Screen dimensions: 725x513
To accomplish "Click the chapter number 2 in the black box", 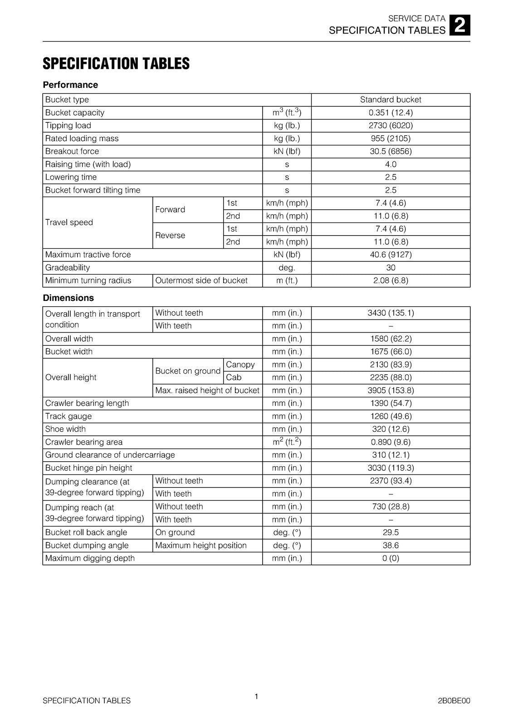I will tap(460, 25).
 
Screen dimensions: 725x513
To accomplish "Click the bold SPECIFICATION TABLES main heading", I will tap(116, 64).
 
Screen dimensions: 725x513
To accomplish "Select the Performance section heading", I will tap(70, 85).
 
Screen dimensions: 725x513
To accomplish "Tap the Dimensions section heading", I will tap(68, 298).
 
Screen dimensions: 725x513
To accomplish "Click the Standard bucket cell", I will tap(391, 100).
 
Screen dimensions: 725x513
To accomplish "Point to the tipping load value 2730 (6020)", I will tap(391, 126).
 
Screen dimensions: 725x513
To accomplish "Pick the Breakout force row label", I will tap(72, 151).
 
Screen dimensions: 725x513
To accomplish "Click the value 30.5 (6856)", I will tap(391, 151).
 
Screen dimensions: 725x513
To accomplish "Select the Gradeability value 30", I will tap(391, 267).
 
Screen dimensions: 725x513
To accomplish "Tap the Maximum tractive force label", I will tap(88, 255).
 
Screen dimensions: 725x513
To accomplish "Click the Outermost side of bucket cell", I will tap(201, 280).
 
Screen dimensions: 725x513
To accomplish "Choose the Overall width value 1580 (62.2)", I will tap(391, 338).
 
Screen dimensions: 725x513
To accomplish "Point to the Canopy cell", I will tap(240, 364).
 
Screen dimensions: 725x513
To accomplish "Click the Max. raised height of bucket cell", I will tap(207, 390).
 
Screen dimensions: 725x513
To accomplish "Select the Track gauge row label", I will tap(68, 416).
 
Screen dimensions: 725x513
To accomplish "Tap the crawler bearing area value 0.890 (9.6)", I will tap(391, 442).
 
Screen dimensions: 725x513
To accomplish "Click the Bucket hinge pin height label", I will tap(89, 468).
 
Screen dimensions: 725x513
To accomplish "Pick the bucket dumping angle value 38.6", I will tap(391, 545).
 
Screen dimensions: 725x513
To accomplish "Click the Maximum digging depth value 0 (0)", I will tap(391, 558).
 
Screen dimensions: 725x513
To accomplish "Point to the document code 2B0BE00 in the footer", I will tap(454, 701).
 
